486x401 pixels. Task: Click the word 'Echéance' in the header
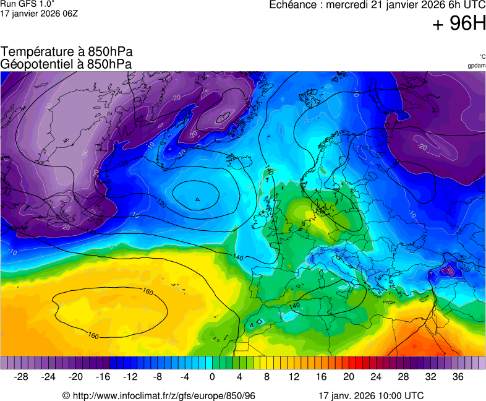[293, 5]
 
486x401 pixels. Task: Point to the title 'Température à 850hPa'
[67, 52]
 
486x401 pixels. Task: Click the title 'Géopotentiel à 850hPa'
[66, 64]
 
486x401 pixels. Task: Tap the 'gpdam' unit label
[477, 66]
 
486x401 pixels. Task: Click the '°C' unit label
[482, 56]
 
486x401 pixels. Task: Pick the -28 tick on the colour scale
[22, 377]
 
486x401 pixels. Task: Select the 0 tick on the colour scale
[212, 377]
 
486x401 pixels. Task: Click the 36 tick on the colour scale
[458, 377]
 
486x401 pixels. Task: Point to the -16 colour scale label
[103, 377]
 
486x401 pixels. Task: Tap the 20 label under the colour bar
[349, 377]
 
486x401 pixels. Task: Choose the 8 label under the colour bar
[267, 377]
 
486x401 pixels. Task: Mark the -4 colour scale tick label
[185, 377]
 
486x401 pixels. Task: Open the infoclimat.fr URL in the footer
[159, 395]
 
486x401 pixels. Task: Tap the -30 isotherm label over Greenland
[85, 152]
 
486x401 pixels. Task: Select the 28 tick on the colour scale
[403, 377]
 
